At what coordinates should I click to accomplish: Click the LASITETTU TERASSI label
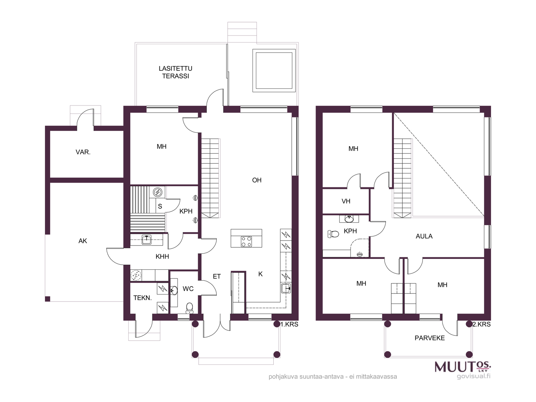175,72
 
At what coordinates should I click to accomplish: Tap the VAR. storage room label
83,152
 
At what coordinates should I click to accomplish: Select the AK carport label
83,241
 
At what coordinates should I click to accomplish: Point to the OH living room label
257,180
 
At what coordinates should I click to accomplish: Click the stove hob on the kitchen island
246,242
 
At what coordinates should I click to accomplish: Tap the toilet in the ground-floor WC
189,308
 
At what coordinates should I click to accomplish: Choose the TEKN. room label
142,298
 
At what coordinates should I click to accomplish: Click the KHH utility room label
162,257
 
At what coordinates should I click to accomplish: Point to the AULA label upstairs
424,236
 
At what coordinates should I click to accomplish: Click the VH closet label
346,201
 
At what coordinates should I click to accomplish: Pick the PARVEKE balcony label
429,338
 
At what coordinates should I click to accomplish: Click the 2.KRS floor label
481,324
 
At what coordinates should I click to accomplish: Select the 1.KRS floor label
289,324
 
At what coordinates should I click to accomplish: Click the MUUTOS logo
463,366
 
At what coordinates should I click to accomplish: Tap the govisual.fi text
473,376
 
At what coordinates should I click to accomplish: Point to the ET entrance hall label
217,276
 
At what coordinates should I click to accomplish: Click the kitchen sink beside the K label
286,288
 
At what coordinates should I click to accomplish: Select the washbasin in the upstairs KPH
349,219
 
